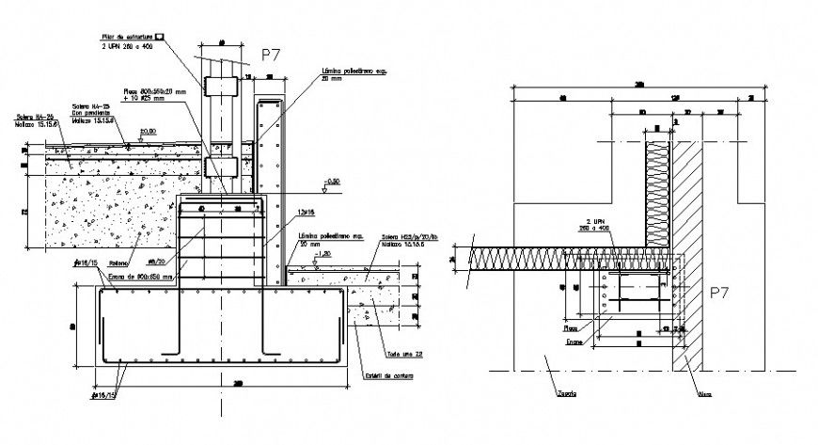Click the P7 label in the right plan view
click(x=719, y=294)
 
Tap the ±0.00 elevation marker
click(x=147, y=133)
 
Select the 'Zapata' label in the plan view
click(x=567, y=394)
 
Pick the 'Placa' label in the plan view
click(x=571, y=329)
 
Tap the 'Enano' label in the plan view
click(x=572, y=343)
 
